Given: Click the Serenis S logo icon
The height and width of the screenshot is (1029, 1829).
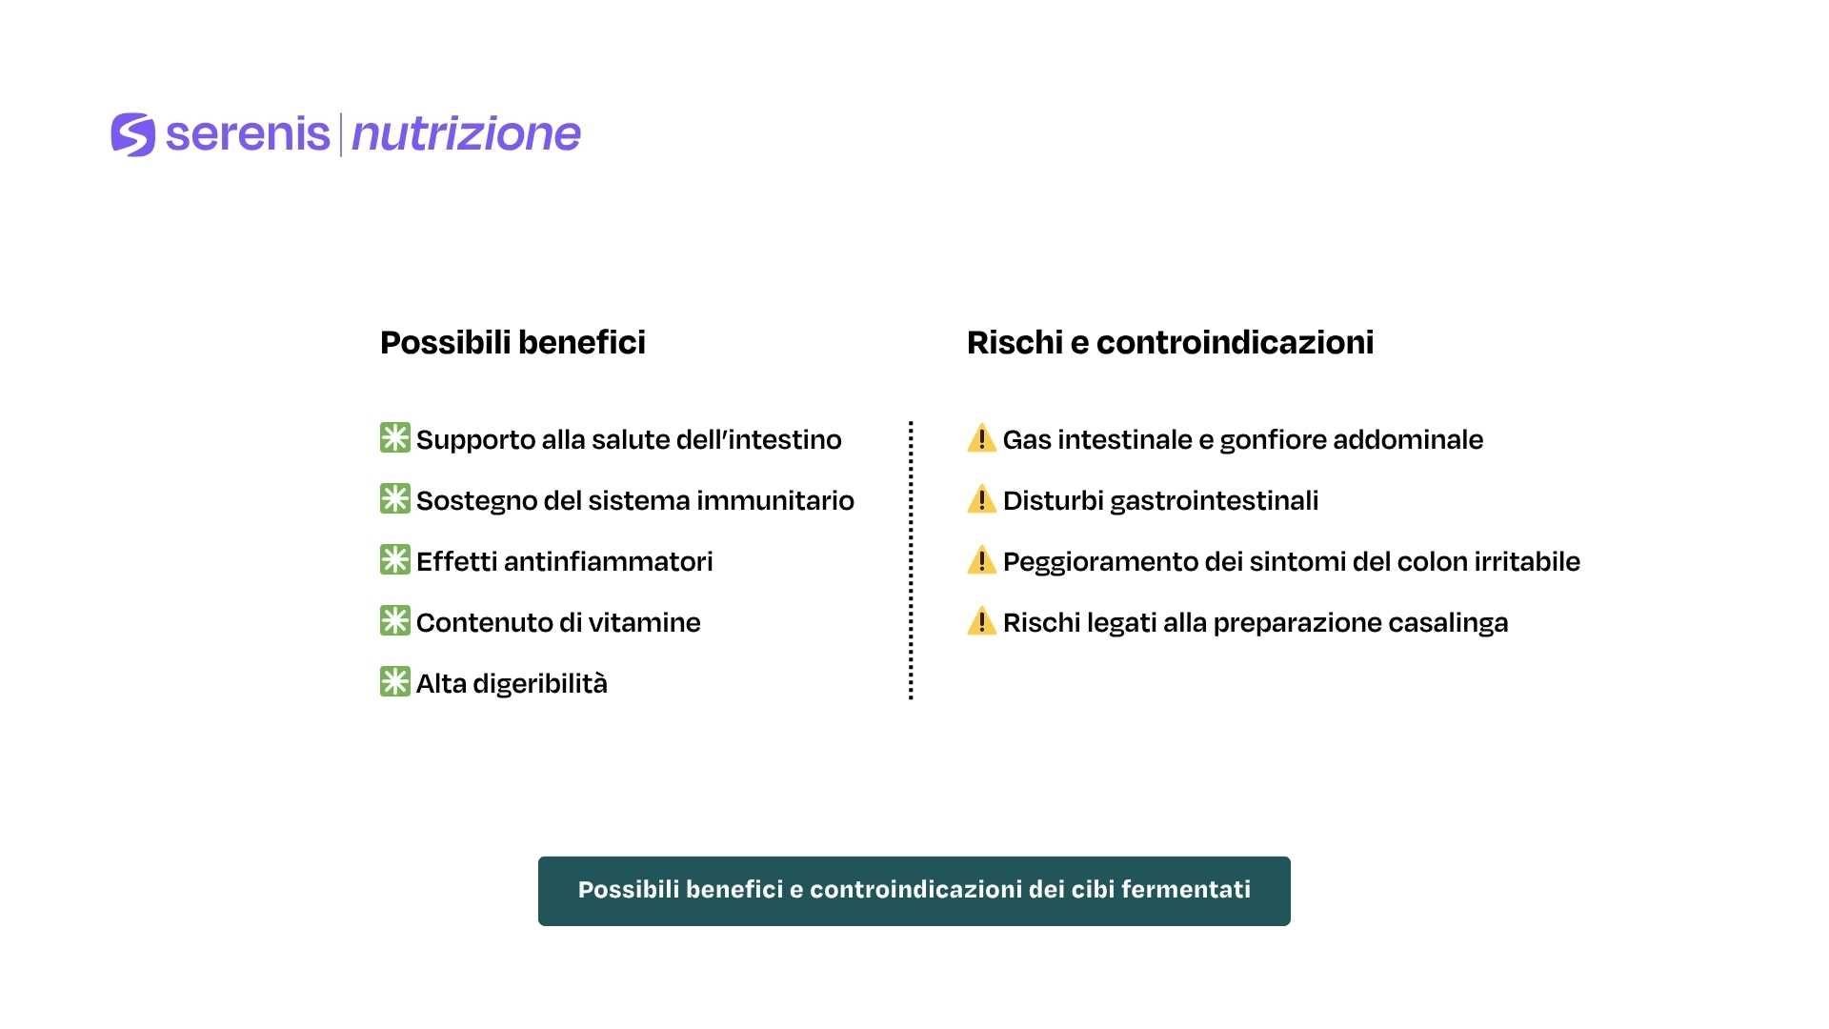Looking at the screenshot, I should (132, 134).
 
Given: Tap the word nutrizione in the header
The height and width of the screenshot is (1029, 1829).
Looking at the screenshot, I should (466, 134).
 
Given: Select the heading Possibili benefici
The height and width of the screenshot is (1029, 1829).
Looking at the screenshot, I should (513, 342).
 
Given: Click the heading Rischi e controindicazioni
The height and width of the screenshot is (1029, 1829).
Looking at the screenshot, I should (1170, 342).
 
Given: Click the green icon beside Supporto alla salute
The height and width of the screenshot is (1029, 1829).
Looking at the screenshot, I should (394, 438).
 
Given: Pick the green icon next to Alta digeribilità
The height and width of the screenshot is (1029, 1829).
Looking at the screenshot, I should (394, 682).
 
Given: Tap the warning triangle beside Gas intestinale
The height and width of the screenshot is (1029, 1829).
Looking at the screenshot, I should (981, 439).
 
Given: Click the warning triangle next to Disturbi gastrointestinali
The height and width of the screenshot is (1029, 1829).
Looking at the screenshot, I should (981, 499).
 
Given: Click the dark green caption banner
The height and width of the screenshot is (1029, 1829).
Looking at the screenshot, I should (914, 891).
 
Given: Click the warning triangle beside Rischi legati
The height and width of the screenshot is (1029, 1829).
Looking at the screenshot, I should (981, 621).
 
